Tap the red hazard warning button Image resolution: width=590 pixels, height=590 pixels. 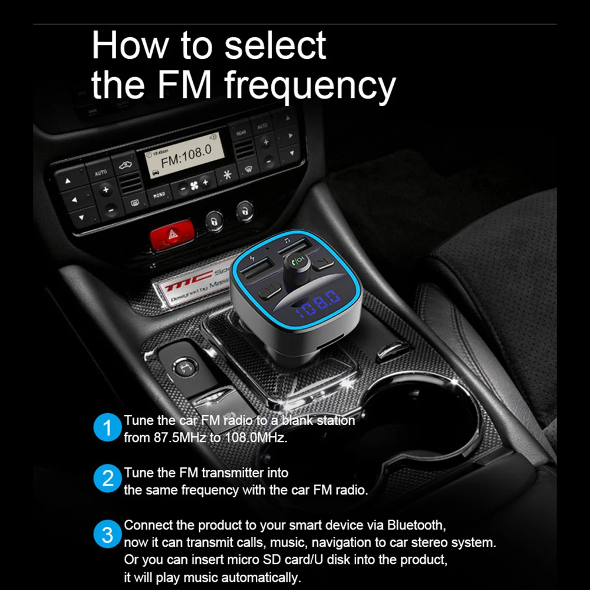[172, 236]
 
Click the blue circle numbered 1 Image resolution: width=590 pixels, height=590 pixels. [107, 429]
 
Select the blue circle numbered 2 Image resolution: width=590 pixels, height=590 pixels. [107, 480]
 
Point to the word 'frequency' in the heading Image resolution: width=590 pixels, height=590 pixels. [310, 85]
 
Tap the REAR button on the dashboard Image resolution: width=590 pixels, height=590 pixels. [240, 134]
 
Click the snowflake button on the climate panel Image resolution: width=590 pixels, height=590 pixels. [226, 174]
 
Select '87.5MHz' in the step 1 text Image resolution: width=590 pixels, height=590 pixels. [177, 438]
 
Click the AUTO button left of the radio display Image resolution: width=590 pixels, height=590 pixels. [101, 173]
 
